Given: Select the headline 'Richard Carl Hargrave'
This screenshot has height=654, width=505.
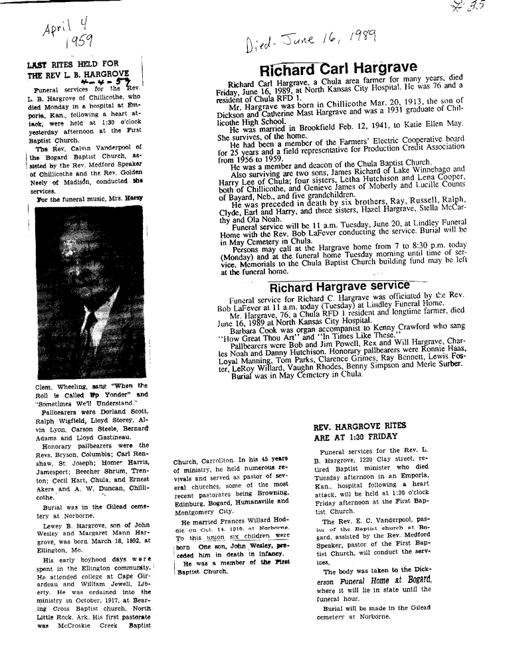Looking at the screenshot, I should coord(338,68).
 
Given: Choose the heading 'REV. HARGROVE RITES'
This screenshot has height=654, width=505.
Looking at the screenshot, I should coord(360,426).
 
